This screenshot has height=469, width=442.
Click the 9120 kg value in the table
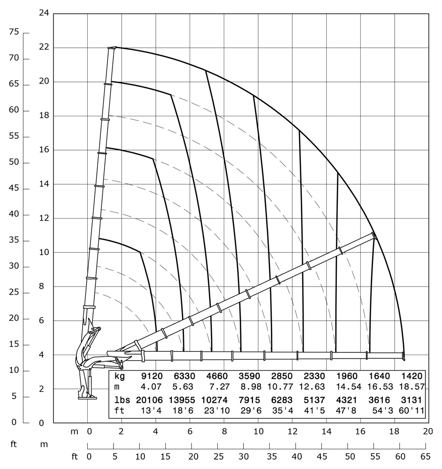click(152, 376)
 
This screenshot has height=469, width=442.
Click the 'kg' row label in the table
click(120, 376)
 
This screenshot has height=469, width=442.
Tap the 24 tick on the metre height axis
click(45, 13)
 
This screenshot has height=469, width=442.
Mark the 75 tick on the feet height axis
click(14, 32)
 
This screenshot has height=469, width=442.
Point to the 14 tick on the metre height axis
click(45, 184)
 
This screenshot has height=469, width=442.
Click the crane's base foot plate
click(87, 397)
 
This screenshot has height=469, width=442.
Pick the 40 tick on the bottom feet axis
click(297, 456)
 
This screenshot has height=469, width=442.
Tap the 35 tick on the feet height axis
click(14, 241)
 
